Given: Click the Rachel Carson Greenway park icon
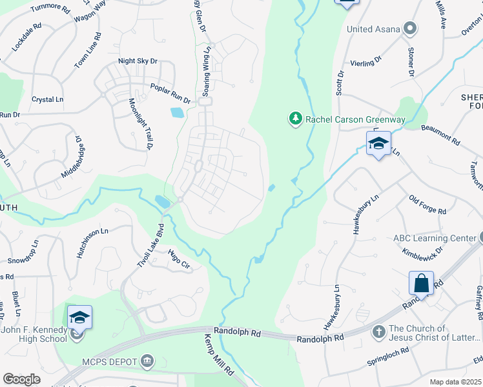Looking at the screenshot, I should [295, 119].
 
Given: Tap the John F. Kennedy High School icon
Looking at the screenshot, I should [79, 317].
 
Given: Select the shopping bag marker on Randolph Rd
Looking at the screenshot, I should [421, 283].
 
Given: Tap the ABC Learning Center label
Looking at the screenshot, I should [435, 238].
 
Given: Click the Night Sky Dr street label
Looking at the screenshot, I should [138, 61].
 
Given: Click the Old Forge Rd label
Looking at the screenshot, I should [427, 206].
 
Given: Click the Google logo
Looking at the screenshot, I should [21, 379].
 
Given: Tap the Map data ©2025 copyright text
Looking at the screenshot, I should [456, 382].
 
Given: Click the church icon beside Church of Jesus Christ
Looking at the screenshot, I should [379, 332].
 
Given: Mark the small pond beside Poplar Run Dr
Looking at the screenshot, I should [176, 113].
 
